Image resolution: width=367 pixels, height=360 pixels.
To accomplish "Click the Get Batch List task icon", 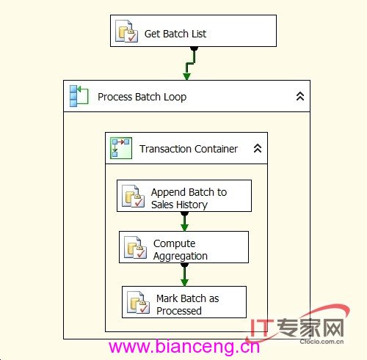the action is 126,32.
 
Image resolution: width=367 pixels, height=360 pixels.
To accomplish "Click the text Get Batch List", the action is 175,34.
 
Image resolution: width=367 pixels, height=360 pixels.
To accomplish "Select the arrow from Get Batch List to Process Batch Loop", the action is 190,63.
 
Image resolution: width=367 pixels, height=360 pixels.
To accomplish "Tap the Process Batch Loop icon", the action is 79,96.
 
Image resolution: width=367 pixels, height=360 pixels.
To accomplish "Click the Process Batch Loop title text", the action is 142,97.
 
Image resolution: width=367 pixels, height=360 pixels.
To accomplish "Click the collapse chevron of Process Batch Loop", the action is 300,96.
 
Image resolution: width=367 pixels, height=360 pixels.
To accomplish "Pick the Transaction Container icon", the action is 121,148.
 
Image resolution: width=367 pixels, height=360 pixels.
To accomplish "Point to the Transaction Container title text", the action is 189,149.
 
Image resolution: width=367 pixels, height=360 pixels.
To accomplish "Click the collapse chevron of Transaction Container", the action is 258,148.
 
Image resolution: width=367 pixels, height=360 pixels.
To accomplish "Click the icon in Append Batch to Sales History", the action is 134,196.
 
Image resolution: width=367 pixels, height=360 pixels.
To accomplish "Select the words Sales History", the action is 179,205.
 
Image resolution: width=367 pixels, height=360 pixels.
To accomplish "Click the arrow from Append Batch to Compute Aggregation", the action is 184,221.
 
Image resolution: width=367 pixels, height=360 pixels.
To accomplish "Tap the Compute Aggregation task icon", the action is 135,247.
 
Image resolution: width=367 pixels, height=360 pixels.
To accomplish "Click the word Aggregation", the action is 181,256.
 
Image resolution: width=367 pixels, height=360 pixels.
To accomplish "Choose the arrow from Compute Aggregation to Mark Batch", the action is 184,275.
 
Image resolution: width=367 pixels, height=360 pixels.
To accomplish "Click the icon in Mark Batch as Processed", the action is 138,302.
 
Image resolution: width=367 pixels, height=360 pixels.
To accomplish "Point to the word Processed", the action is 179,311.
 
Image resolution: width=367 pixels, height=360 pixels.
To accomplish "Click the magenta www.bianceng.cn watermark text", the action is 184,346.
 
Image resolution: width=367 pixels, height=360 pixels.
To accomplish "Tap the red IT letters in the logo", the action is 261,328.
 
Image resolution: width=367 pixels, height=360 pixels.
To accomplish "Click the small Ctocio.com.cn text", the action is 321,342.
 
